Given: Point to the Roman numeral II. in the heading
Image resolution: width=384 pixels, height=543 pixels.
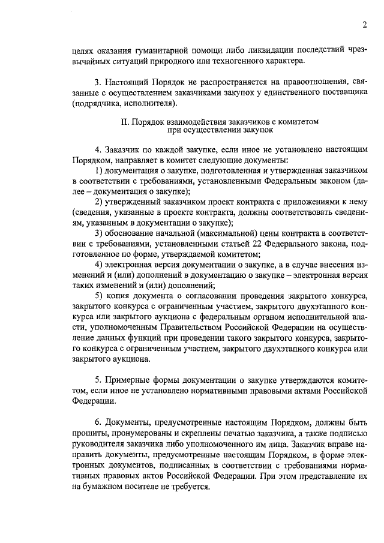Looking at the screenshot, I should tap(125, 121).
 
